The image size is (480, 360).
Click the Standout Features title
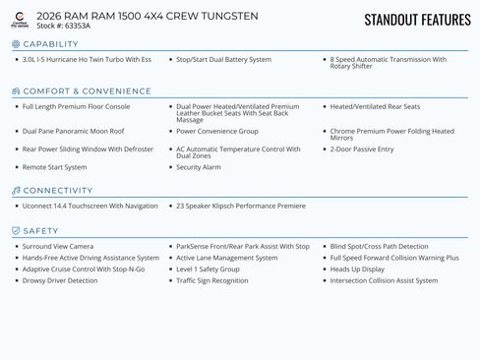click(x=417, y=20)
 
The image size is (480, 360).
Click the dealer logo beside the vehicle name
click(x=20, y=20)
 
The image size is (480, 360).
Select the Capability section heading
click(x=50, y=44)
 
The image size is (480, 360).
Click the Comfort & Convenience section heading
click(x=87, y=91)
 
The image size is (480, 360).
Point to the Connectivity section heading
click(x=57, y=191)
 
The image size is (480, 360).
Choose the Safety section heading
click(x=40, y=231)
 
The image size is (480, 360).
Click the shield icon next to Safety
click(x=16, y=231)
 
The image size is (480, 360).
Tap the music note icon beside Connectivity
click(x=16, y=191)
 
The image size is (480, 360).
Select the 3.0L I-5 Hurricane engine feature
click(x=87, y=60)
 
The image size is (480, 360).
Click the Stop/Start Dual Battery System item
click(x=223, y=60)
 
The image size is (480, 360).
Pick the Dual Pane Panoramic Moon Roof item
click(x=73, y=131)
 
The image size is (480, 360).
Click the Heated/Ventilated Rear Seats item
click(x=375, y=106)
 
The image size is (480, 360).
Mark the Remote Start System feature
click(x=55, y=167)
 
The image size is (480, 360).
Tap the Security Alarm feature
click(x=199, y=167)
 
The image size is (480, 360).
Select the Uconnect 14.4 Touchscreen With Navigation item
click(x=90, y=206)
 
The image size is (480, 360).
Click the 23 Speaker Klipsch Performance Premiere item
click(x=241, y=206)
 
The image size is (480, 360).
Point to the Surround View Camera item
click(x=58, y=246)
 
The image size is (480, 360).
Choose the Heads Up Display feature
click(x=357, y=269)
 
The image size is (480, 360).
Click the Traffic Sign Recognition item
click(x=212, y=280)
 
